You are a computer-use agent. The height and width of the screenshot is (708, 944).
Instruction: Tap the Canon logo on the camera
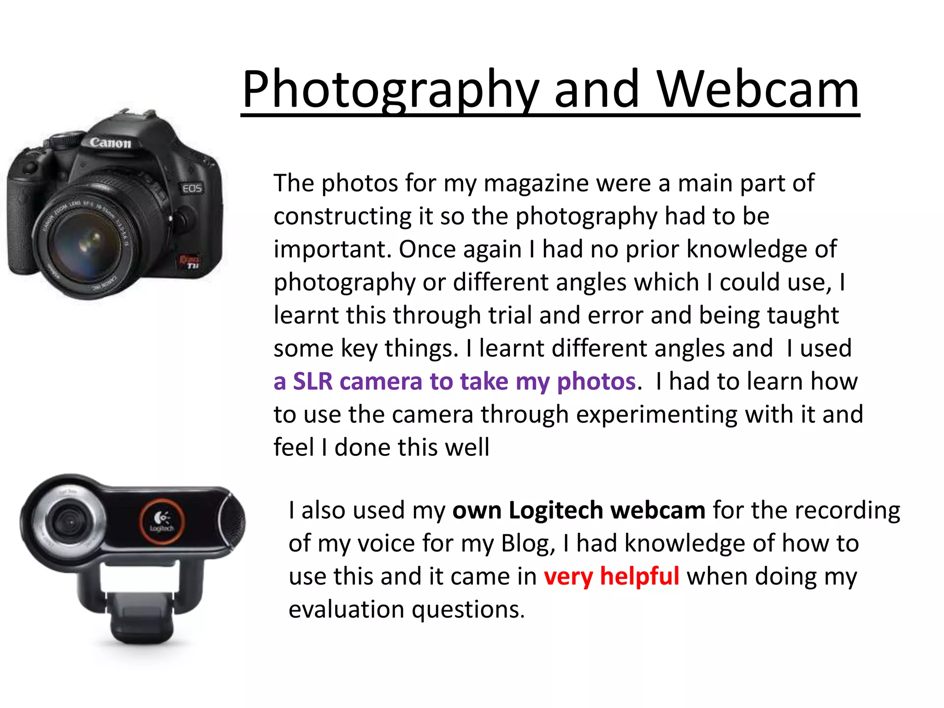coord(111,142)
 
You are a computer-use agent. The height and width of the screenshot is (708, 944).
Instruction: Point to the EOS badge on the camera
coord(192,188)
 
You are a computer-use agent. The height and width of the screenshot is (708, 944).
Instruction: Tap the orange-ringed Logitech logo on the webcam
coord(162,522)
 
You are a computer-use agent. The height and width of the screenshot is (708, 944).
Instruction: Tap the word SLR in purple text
coord(313,382)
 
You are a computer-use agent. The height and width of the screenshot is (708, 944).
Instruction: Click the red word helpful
coord(639,576)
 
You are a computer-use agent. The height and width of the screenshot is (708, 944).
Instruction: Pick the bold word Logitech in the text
coord(556,510)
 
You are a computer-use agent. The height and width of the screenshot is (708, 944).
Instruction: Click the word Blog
coord(528,543)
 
